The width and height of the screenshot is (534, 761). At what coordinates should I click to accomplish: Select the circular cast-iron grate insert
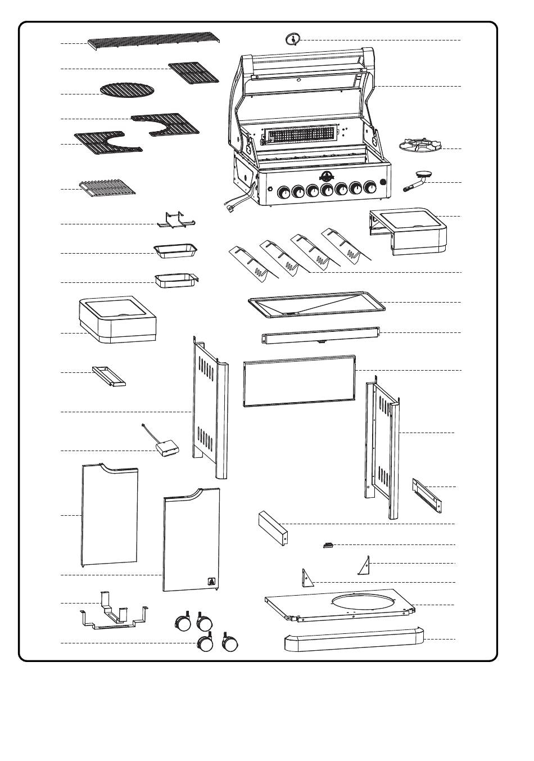[126, 89]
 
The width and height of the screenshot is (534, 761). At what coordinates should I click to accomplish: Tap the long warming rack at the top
[153, 42]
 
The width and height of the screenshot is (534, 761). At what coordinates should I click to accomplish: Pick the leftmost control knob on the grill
[285, 192]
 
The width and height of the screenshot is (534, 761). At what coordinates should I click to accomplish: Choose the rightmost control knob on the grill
[370, 188]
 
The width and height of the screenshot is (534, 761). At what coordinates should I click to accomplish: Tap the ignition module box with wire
[167, 447]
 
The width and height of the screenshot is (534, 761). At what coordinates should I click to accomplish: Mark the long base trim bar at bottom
[353, 641]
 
